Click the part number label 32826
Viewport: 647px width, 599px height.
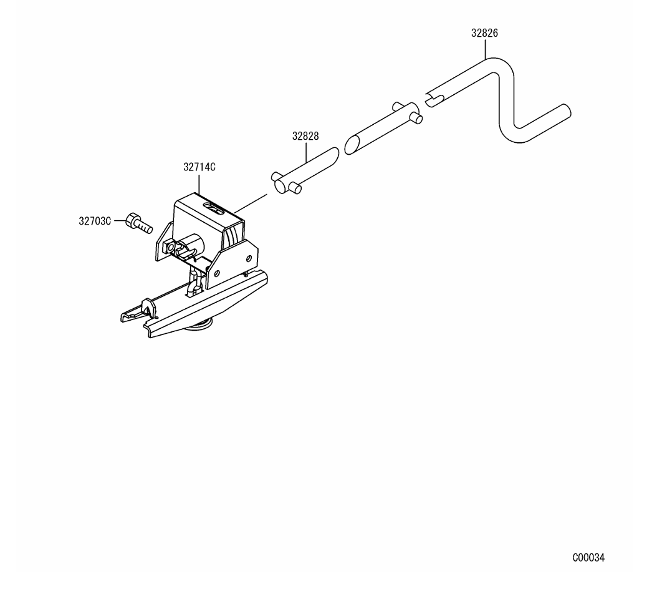484,33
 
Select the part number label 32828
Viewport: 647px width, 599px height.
305,136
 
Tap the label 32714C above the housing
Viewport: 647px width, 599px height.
199,167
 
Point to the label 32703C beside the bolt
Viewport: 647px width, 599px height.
95,221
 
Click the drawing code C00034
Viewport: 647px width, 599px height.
588,558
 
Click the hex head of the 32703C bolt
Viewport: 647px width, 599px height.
132,220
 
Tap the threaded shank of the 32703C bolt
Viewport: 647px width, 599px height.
145,226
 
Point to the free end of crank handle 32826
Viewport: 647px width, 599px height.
566,110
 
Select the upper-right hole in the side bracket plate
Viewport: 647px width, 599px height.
249,258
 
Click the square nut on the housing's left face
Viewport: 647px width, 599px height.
168,246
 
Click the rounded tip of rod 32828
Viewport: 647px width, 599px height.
334,153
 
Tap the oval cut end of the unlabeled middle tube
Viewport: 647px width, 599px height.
351,145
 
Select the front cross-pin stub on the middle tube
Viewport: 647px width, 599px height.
417,119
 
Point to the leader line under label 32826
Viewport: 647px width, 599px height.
485,48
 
